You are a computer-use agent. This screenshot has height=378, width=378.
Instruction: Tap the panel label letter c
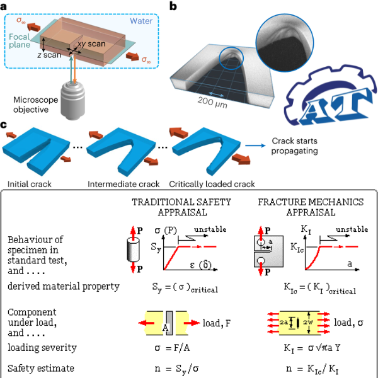click(6, 125)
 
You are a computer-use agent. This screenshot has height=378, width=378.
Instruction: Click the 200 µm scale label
click(211, 104)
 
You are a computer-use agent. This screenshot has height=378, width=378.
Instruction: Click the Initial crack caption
click(30, 185)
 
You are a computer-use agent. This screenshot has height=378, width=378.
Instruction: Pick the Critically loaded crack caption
click(212, 185)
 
